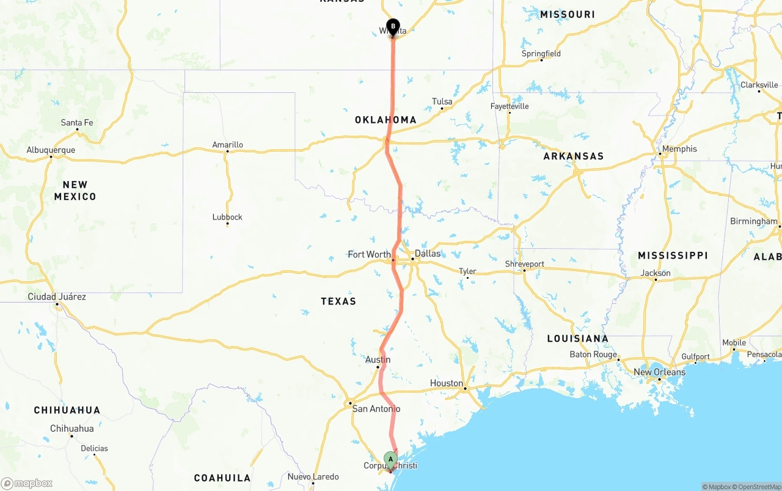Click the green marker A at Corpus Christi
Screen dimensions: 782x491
tap(390, 459)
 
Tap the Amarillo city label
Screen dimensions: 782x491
tap(227, 145)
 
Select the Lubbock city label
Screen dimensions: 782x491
tap(227, 217)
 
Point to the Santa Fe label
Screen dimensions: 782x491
tap(77, 123)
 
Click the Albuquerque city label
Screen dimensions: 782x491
tap(51, 150)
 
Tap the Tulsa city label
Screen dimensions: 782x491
tap(442, 102)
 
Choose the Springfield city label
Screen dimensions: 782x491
tap(541, 54)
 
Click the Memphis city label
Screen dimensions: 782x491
tap(679, 149)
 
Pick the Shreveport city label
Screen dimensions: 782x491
tap(524, 264)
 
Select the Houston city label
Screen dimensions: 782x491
tap(446, 383)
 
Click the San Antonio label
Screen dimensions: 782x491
tap(376, 408)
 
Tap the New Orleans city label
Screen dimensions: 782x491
tap(659, 372)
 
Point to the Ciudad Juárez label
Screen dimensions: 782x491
tap(57, 297)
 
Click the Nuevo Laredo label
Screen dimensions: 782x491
tap(313, 477)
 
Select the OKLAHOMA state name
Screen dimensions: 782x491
tap(386, 120)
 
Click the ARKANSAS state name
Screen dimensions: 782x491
tap(573, 157)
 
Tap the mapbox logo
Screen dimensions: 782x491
tap(27, 484)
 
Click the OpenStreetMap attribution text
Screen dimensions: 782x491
tap(758, 487)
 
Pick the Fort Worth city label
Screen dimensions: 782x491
tap(369, 254)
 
